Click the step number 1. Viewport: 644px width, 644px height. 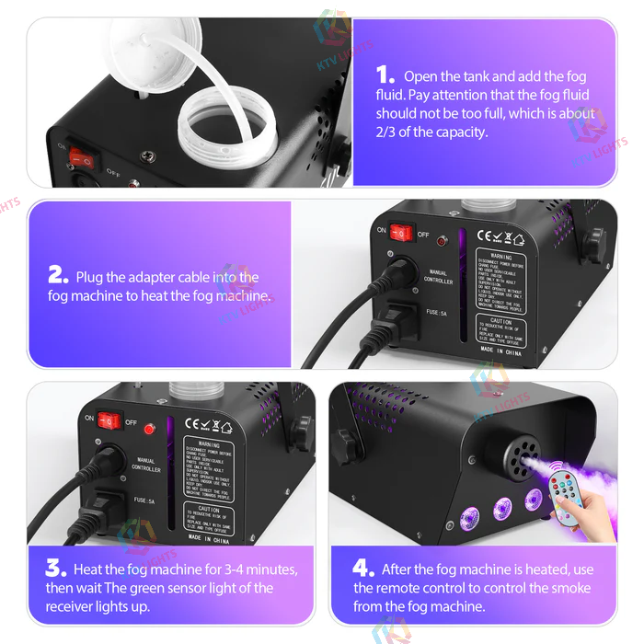click(386, 76)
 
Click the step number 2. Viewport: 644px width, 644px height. click(58, 276)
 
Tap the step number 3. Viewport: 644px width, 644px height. click(56, 569)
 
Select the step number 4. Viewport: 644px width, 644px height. click(365, 569)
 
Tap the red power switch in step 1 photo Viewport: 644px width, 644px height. click(83, 157)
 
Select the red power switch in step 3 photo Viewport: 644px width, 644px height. click(109, 420)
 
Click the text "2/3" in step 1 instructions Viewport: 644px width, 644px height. click(387, 132)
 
